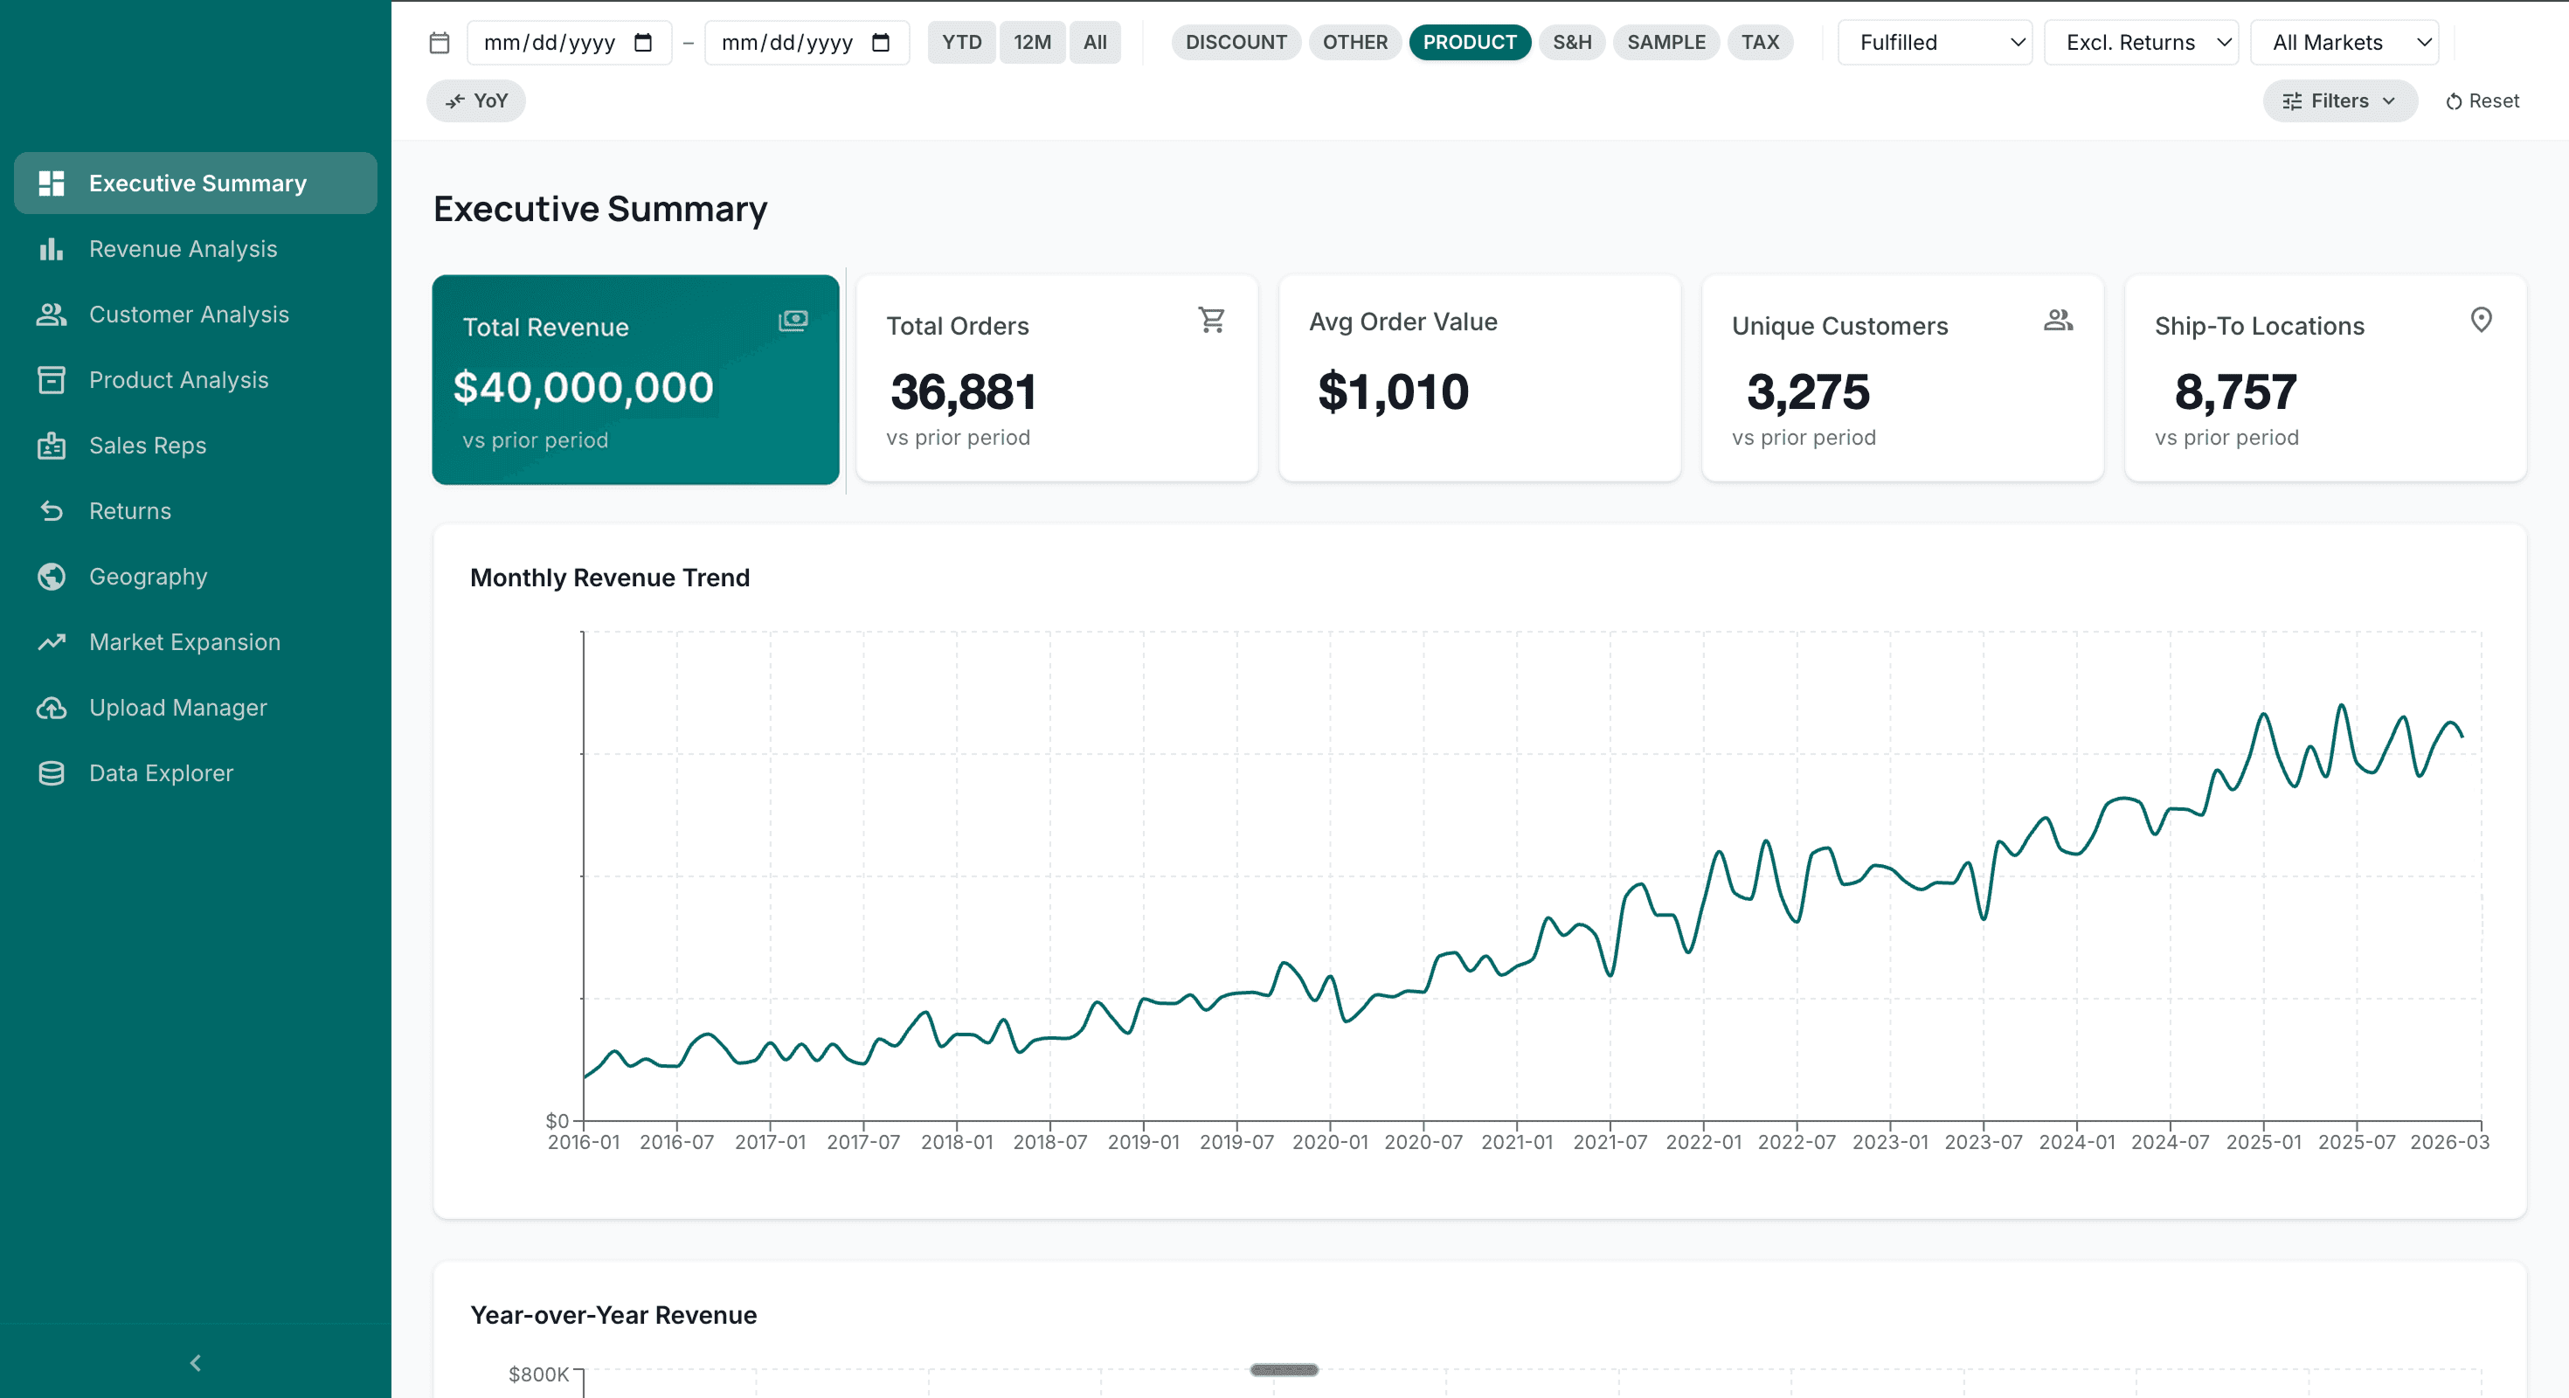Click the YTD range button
pyautogui.click(x=961, y=42)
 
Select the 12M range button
pyautogui.click(x=1032, y=42)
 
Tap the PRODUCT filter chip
pyautogui.click(x=1469, y=42)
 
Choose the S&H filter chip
pyautogui.click(x=1572, y=42)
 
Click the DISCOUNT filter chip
pyautogui.click(x=1236, y=42)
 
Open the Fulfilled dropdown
pyautogui.click(x=1935, y=43)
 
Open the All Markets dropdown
pyautogui.click(x=2344, y=43)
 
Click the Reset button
pyautogui.click(x=2482, y=100)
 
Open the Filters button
pyautogui.click(x=2340, y=100)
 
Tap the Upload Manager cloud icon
pyautogui.click(x=51, y=708)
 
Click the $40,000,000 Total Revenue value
pyautogui.click(x=584, y=388)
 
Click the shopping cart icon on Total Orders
pyautogui.click(x=1212, y=320)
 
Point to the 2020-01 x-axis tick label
pyautogui.click(x=1329, y=1142)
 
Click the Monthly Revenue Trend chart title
pyautogui.click(x=609, y=578)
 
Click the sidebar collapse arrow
pyautogui.click(x=196, y=1363)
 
